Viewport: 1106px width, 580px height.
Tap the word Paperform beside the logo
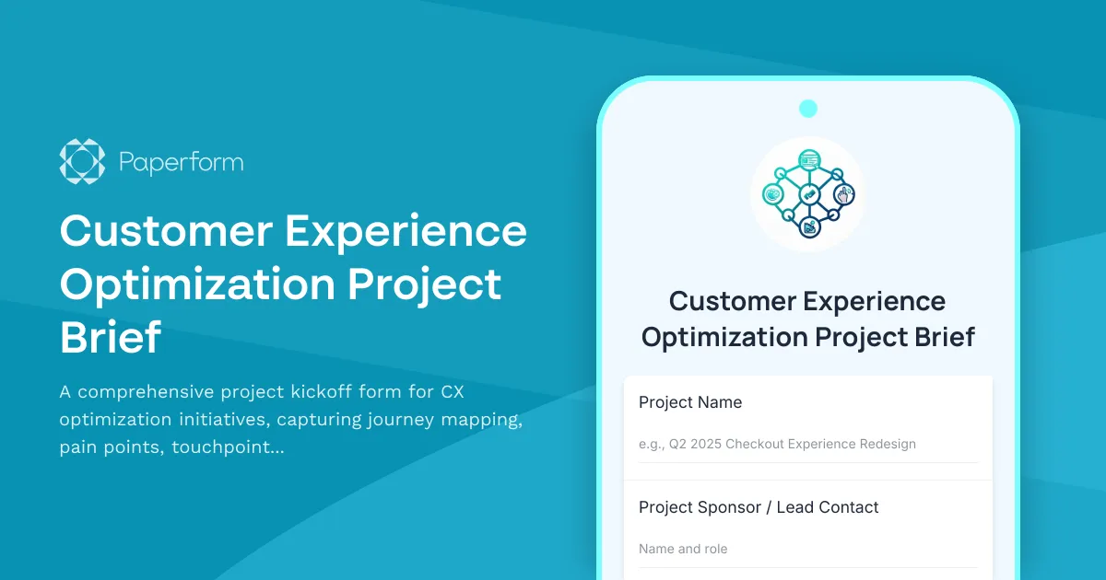tap(182, 163)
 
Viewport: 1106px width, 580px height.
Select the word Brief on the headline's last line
tap(111, 338)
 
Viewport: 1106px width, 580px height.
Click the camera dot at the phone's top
tap(808, 109)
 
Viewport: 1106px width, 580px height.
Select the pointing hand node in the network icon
tap(843, 194)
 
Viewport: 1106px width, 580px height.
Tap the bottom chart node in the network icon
tap(809, 226)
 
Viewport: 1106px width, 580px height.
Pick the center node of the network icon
tap(808, 194)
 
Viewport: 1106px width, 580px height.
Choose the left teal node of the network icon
tap(773, 194)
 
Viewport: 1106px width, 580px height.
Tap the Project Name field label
tap(690, 402)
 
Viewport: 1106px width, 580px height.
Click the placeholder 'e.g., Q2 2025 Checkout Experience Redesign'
tap(777, 444)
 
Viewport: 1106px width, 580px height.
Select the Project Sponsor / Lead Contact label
tap(759, 507)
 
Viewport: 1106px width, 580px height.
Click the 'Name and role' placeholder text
tap(683, 549)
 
